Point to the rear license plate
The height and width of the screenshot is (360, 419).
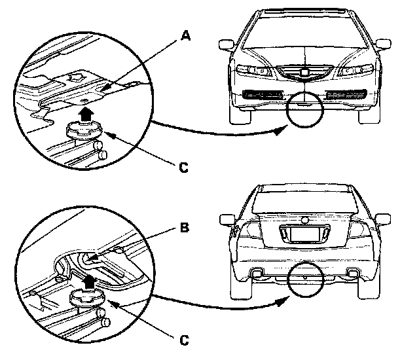tap(304, 232)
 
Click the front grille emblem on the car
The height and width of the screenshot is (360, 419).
tap(304, 74)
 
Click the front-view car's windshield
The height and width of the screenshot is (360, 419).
tap(304, 33)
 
